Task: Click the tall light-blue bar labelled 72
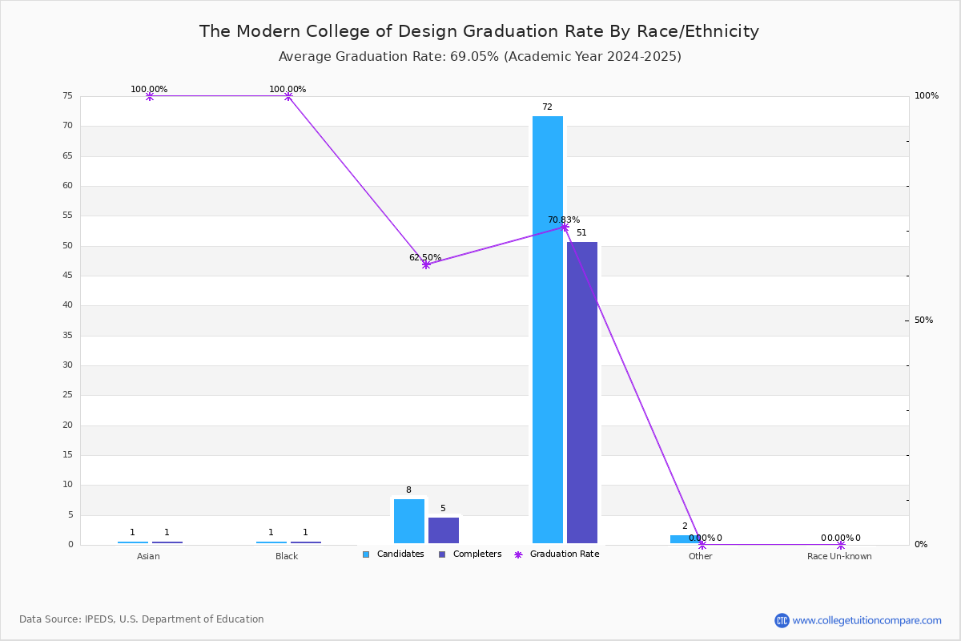click(x=548, y=330)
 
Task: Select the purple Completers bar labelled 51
click(x=582, y=393)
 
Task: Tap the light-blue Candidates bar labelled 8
click(x=409, y=522)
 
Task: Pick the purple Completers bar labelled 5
click(x=444, y=530)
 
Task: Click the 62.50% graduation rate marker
click(x=426, y=265)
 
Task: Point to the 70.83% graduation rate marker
click(x=565, y=227)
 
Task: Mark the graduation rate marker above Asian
click(x=149, y=96)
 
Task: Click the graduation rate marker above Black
click(x=288, y=96)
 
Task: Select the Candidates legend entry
click(x=393, y=554)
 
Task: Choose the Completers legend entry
click(x=470, y=554)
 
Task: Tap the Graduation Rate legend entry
click(x=557, y=554)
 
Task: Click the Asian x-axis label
click(x=148, y=556)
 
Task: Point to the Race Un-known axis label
click(x=839, y=556)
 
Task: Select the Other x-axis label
click(x=701, y=556)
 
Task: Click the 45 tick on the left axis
click(x=68, y=275)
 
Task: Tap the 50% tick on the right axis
click(x=923, y=320)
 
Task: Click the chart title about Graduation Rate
click(x=479, y=31)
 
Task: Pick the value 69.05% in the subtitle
click(x=474, y=57)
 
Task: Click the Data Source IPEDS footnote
click(x=142, y=619)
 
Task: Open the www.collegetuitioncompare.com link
click(x=867, y=620)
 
